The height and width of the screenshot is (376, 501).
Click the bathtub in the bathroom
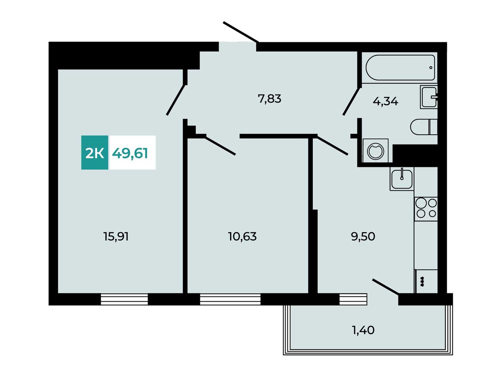coord(400,68)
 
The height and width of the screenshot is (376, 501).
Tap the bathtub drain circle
coord(431,68)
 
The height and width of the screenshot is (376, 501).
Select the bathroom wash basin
coord(429,97)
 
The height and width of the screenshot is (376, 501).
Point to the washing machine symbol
coord(375,150)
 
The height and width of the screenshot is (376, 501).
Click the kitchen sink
coord(402,179)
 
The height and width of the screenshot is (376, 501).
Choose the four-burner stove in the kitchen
coord(426,209)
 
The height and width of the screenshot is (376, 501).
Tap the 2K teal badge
coord(94,152)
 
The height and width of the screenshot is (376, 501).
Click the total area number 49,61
coord(130,153)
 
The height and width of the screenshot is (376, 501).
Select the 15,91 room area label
coord(116,236)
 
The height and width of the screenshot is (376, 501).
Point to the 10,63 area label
coord(242,236)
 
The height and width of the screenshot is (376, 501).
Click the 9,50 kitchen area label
coord(363,237)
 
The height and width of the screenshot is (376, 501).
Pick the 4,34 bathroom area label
coord(386,101)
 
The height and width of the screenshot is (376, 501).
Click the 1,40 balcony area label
coord(363,330)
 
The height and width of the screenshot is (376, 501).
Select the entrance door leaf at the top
coord(241,32)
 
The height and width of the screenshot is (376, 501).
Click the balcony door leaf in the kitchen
coord(386,287)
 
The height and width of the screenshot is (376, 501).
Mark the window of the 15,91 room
coord(124,299)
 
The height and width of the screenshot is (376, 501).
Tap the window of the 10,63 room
coord(230,299)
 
